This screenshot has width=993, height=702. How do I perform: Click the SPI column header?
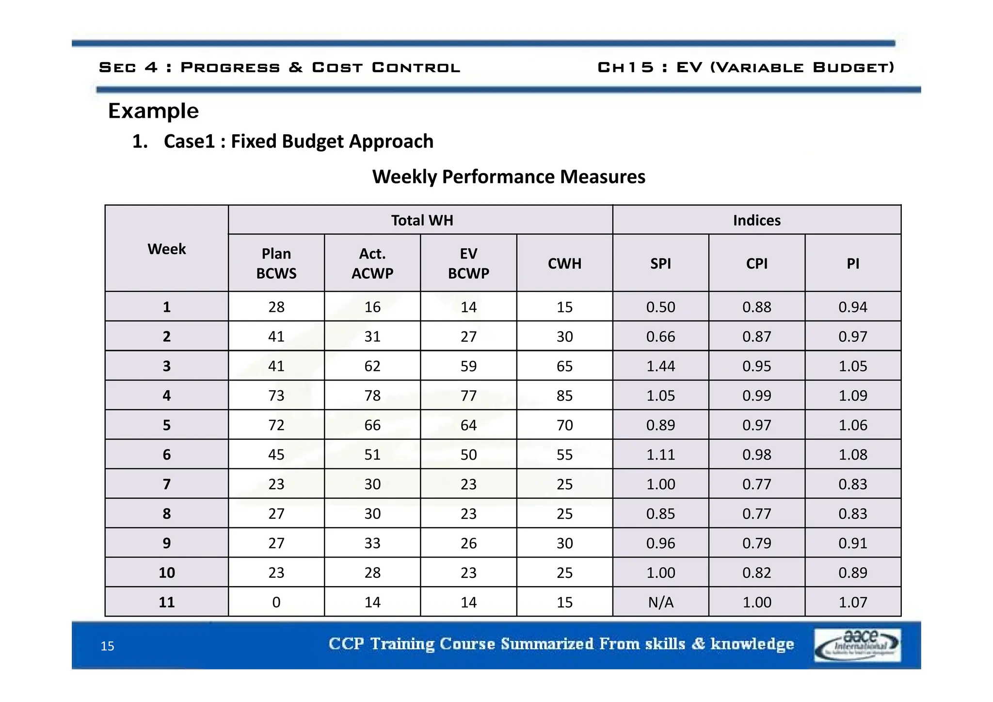point(660,263)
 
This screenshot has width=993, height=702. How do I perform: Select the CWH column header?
point(564,263)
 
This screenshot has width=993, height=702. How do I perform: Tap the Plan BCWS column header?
point(276,263)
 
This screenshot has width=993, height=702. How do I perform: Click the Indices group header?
point(756,220)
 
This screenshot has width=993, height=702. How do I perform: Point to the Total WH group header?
point(422,220)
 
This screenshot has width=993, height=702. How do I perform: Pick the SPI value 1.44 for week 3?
point(660,366)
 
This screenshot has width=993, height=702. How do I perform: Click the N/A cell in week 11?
point(660,602)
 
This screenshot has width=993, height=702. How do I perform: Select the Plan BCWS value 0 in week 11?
point(276,602)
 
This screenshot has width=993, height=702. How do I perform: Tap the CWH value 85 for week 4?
point(564,396)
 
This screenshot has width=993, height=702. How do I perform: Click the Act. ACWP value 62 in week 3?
point(372,366)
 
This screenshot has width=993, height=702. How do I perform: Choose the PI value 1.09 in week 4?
point(852,396)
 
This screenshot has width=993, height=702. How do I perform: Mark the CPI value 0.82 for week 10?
point(756,573)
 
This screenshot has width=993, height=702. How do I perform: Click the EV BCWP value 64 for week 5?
point(468,425)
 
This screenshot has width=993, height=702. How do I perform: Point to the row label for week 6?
point(167,455)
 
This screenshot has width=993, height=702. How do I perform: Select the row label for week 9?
point(167,543)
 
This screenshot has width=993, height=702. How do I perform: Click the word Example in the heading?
point(153,111)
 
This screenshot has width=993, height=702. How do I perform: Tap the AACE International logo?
point(857,645)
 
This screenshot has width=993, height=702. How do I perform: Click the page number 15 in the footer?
point(107,646)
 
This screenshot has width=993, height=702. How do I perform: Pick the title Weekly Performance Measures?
point(509,176)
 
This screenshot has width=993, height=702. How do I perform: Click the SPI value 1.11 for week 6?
point(660,455)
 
